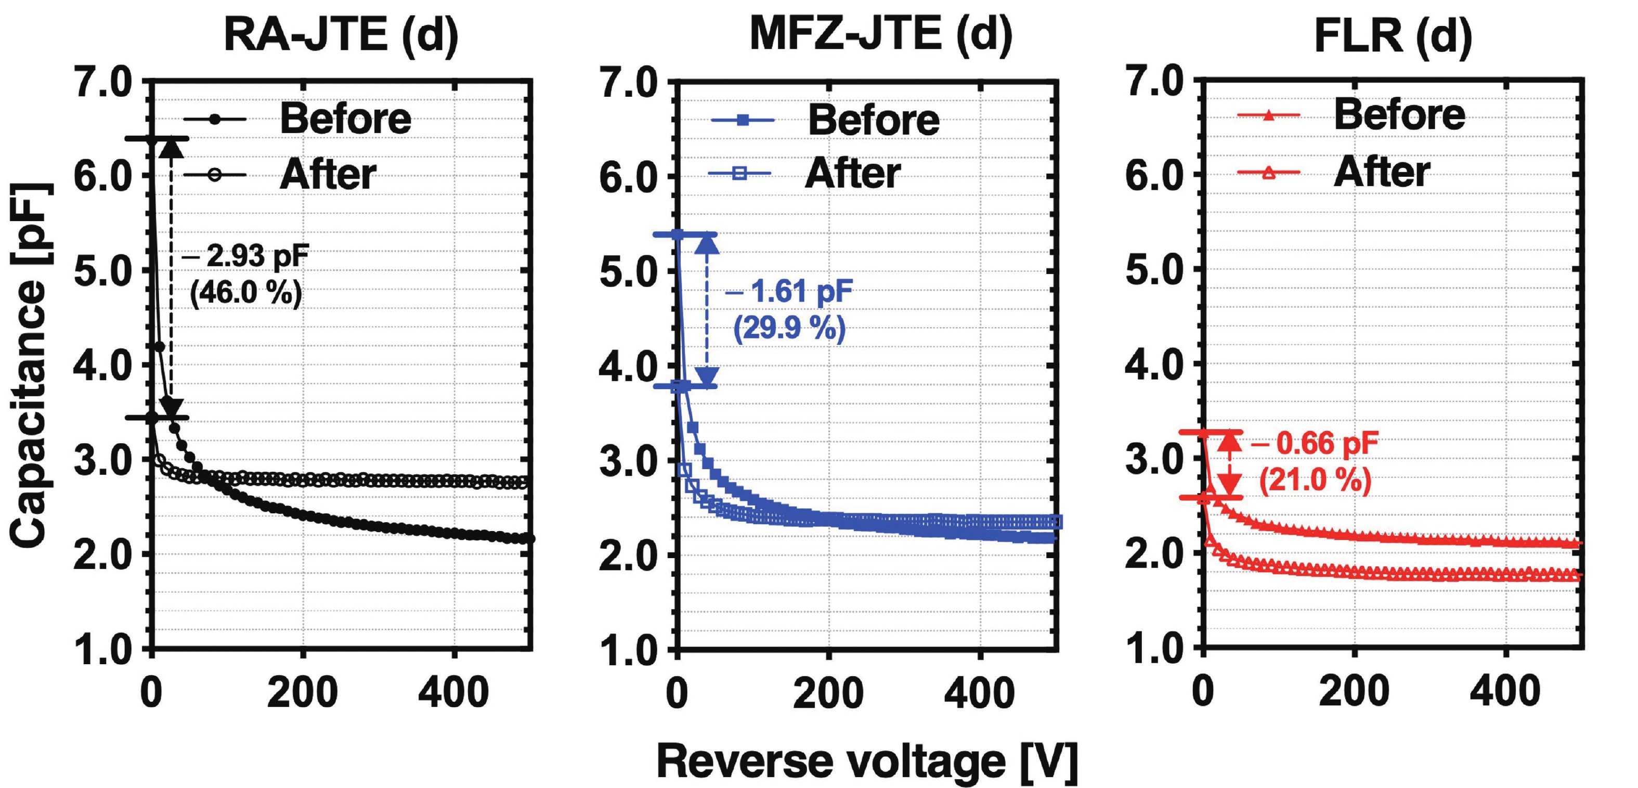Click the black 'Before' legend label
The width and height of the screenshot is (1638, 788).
click(345, 119)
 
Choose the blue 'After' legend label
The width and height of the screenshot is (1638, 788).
click(853, 173)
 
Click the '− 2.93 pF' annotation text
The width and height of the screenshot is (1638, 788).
click(245, 256)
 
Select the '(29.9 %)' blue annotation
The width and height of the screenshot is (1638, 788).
click(789, 328)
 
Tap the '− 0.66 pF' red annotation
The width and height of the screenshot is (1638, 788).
click(1315, 443)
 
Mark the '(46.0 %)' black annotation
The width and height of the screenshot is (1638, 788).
click(246, 293)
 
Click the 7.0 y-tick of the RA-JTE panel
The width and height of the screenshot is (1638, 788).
click(103, 82)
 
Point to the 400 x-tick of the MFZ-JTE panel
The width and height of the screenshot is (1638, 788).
click(979, 693)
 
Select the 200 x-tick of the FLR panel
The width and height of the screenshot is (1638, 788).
click(1354, 693)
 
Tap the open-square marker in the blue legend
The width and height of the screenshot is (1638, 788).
click(739, 173)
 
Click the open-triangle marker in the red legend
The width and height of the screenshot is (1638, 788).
click(1268, 172)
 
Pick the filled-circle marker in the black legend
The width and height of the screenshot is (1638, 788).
click(215, 119)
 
